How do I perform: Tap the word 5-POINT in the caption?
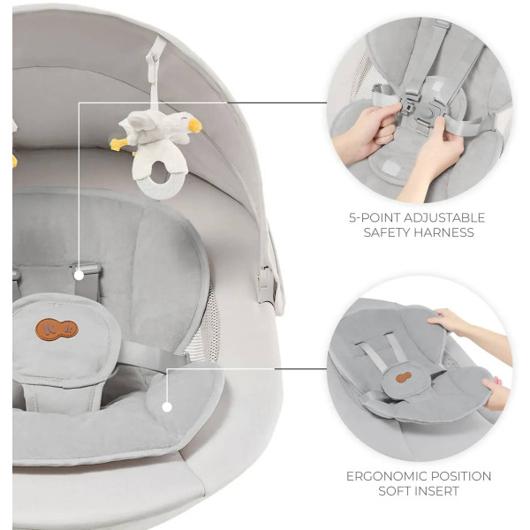click(x=374, y=217)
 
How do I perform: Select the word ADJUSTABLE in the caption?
click(x=443, y=217)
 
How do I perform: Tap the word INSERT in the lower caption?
click(x=438, y=491)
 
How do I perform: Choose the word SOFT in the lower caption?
click(x=396, y=491)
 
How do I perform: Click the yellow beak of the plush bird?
click(x=195, y=125)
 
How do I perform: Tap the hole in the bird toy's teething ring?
click(x=158, y=173)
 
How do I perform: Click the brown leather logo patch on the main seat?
click(x=57, y=329)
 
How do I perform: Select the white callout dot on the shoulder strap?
click(x=79, y=276)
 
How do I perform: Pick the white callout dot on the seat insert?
click(x=167, y=407)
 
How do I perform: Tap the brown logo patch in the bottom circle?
click(x=404, y=377)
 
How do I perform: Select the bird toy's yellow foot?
click(x=118, y=145)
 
